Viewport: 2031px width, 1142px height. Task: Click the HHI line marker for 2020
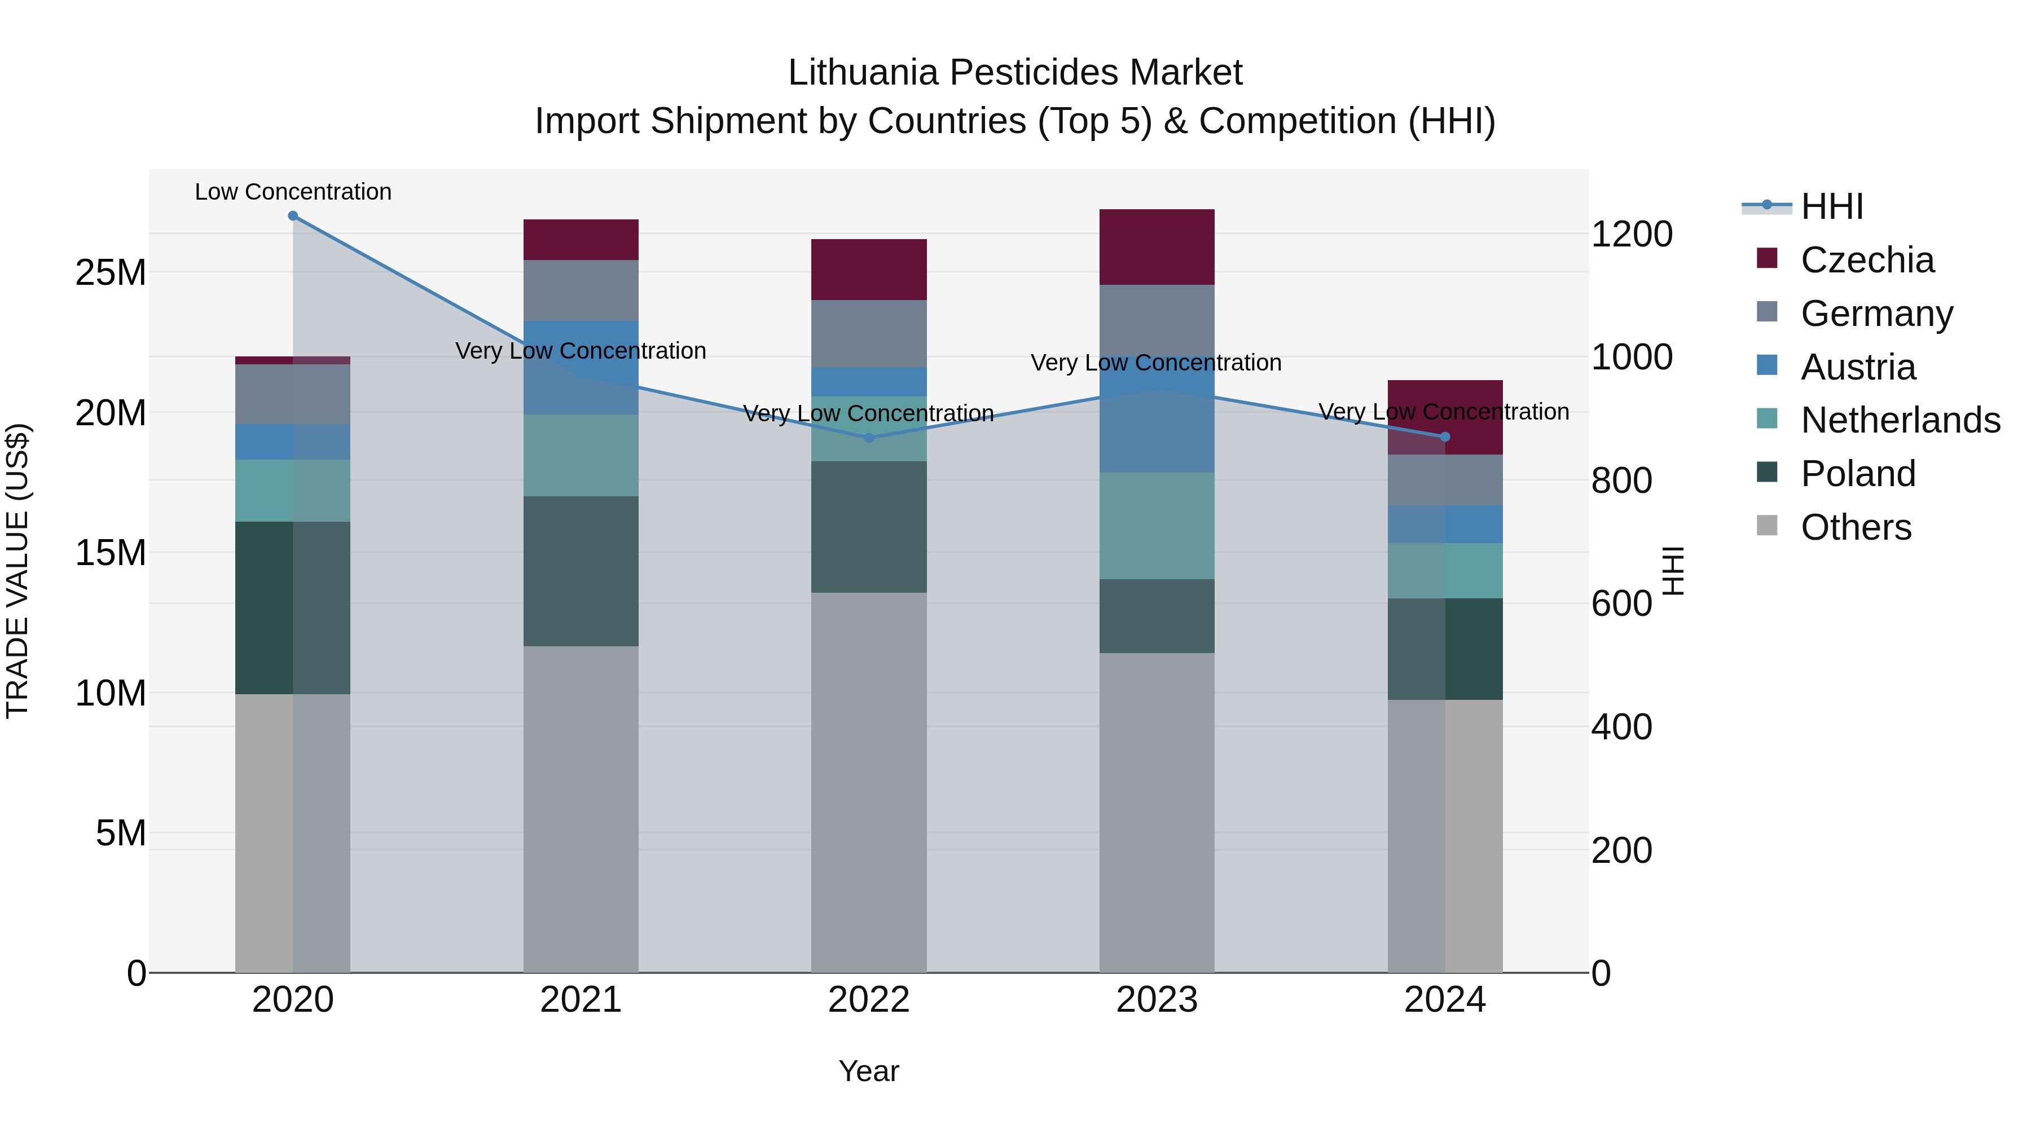pyautogui.click(x=292, y=216)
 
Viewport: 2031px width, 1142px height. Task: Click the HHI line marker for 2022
pyautogui.click(x=869, y=438)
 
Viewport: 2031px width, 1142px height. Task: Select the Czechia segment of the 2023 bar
pyautogui.click(x=1157, y=246)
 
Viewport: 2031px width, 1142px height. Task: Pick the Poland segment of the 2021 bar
pyautogui.click(x=581, y=571)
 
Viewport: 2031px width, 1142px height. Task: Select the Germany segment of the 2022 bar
pyautogui.click(x=869, y=333)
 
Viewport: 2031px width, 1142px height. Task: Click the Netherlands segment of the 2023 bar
pyautogui.click(x=1157, y=526)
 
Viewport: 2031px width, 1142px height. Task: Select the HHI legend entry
pyautogui.click(x=1831, y=206)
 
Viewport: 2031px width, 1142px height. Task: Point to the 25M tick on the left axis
pyautogui.click(x=111, y=273)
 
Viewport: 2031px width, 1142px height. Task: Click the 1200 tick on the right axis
pyautogui.click(x=1631, y=234)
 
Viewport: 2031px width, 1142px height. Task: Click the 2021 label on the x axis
pyautogui.click(x=581, y=1000)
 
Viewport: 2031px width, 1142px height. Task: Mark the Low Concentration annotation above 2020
pyautogui.click(x=292, y=192)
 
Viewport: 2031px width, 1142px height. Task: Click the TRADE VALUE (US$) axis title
pyautogui.click(x=17, y=571)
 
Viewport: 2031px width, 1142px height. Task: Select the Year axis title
pyautogui.click(x=868, y=1071)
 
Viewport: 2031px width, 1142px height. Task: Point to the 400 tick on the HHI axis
pyautogui.click(x=1621, y=727)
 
